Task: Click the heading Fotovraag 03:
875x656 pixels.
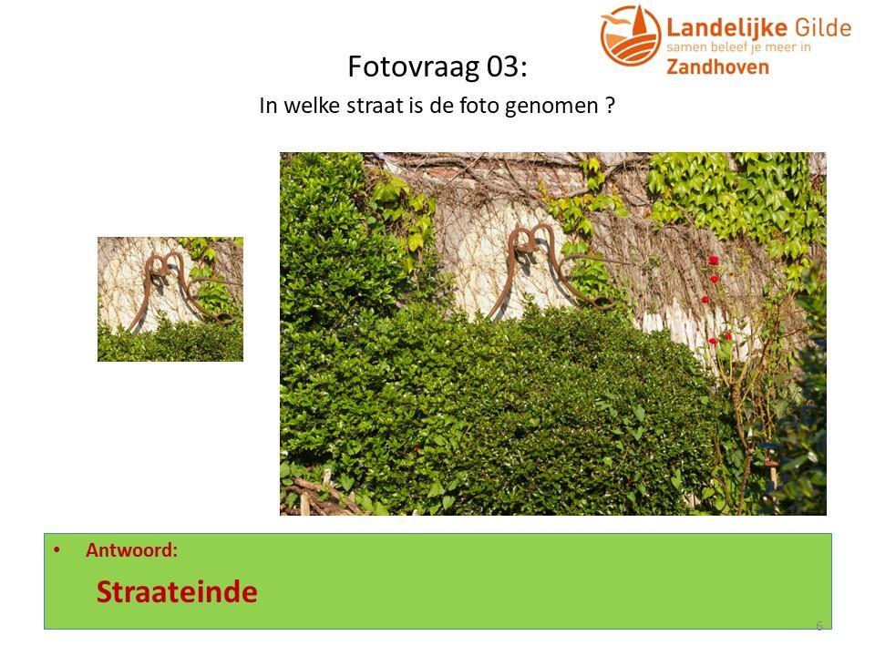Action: point(437,67)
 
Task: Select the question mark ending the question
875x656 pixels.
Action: point(610,105)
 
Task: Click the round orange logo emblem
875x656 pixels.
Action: point(630,36)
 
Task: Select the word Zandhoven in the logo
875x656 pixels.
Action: point(717,67)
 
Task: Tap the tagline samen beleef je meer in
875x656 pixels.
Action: point(739,47)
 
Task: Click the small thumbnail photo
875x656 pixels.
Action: point(170,299)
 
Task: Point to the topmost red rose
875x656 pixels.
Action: point(713,260)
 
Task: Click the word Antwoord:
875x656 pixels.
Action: point(131,550)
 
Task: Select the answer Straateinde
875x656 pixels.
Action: point(177,592)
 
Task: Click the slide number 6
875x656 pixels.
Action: point(819,626)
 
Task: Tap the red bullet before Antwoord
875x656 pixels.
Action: point(57,550)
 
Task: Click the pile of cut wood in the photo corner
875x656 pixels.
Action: point(318,496)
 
